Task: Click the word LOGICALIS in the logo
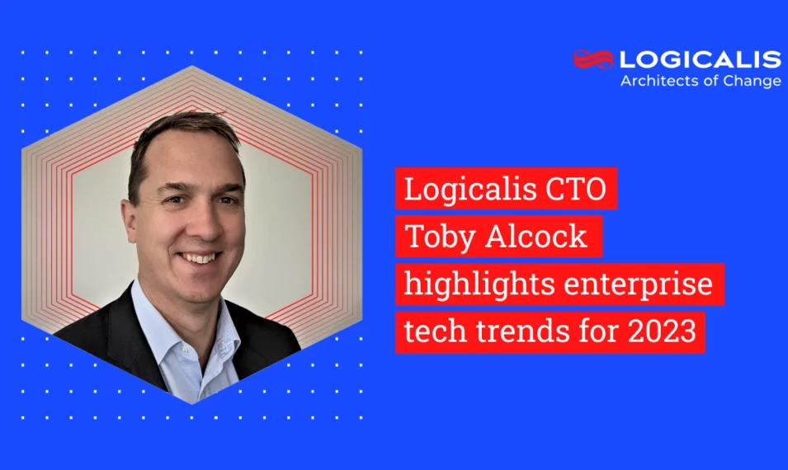pos(700,59)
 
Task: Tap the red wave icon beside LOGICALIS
pos(594,59)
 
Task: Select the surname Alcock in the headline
pos(539,237)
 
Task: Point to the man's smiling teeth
pos(199,257)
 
